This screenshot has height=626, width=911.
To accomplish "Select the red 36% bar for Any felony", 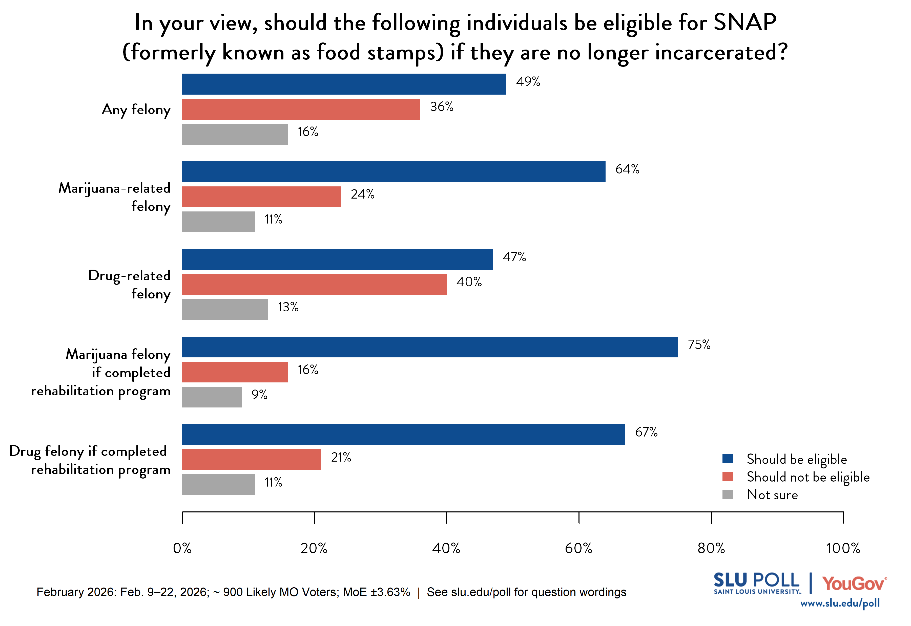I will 301,109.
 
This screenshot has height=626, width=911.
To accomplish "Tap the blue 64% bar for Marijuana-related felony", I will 394,171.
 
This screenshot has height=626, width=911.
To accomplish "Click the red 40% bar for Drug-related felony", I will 314,284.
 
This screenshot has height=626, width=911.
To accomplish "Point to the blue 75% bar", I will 430,347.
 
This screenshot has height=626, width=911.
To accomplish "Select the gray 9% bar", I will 212,397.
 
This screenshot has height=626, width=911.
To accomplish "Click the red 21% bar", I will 251,459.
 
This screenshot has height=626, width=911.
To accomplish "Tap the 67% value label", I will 646,432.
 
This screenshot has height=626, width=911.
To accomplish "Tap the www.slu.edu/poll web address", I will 840,603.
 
